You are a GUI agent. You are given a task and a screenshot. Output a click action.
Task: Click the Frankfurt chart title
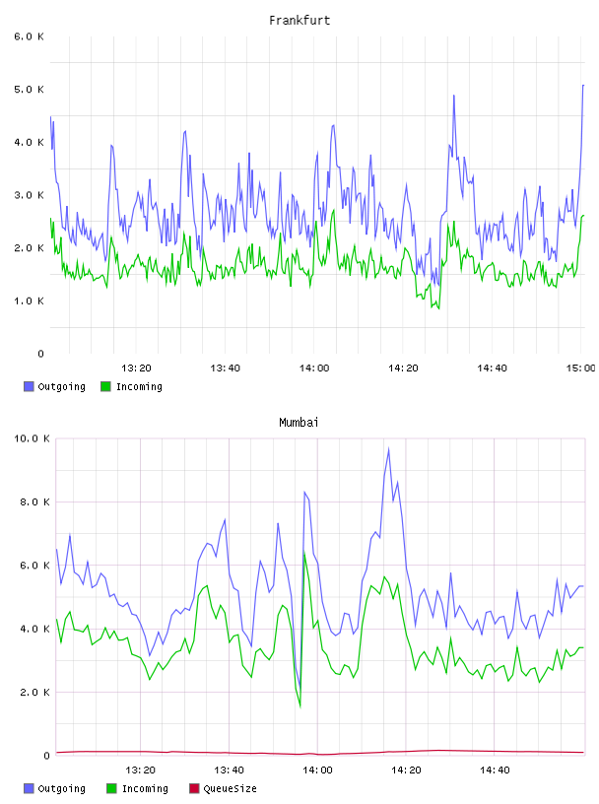[x=299, y=20]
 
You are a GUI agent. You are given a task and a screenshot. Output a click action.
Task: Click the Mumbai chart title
[x=299, y=422]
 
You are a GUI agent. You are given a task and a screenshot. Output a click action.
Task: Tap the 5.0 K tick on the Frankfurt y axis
[x=30, y=90]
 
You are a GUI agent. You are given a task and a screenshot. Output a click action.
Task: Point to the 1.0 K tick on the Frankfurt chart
[x=30, y=301]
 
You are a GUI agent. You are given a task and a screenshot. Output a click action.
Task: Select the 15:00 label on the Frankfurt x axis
[x=580, y=368]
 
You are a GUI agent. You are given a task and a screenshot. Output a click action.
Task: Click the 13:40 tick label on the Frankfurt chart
[x=226, y=368]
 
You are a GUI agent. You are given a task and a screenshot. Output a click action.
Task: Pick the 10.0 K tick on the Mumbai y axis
[x=32, y=438]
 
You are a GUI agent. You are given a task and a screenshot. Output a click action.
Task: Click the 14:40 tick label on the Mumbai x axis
[x=495, y=770]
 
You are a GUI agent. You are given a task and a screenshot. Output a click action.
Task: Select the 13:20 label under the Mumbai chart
[x=140, y=770]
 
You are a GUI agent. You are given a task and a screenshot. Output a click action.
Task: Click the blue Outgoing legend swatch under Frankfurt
[x=29, y=386]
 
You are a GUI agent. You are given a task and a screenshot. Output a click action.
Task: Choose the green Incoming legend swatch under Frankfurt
[x=105, y=386]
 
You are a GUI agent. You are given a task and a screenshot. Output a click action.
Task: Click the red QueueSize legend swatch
[x=194, y=788]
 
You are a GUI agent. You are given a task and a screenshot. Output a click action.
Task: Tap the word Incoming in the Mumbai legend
[x=145, y=788]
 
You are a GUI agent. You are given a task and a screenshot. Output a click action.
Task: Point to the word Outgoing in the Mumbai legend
[x=61, y=788]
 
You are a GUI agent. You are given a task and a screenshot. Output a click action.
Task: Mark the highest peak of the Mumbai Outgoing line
[x=389, y=449]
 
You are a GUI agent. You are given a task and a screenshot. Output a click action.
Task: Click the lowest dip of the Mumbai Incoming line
[x=300, y=707]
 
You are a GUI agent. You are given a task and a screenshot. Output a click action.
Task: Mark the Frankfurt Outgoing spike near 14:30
[x=454, y=96]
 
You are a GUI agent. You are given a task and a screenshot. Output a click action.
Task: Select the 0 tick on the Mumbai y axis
[x=46, y=756]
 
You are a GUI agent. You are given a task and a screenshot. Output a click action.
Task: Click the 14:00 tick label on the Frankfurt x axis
[x=314, y=368]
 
